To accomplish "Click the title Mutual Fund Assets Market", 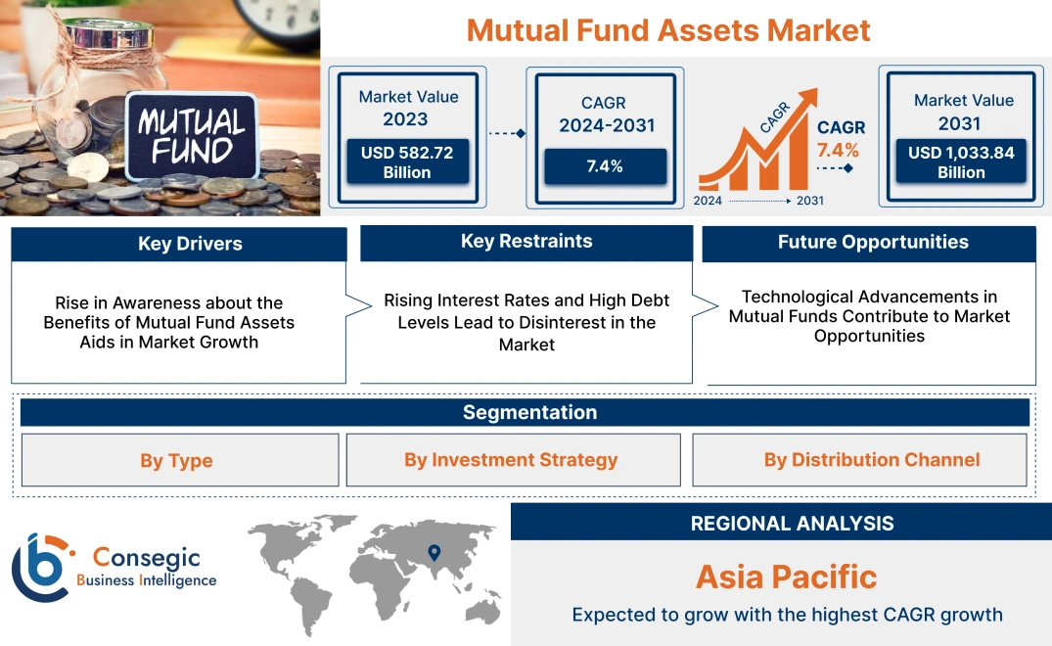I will tap(668, 29).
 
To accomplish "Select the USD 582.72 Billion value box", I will tap(406, 162).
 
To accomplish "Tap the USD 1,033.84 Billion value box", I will tap(961, 162).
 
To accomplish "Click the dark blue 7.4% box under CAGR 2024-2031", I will tap(605, 166).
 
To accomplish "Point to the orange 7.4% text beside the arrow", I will tap(838, 150).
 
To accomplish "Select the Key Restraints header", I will tap(526, 242).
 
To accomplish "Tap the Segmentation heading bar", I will tap(529, 412).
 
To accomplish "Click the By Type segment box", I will tap(176, 460).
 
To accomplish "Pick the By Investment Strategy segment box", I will tap(511, 460).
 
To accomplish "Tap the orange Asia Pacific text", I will tap(786, 577).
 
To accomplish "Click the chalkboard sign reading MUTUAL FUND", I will tap(192, 136).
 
